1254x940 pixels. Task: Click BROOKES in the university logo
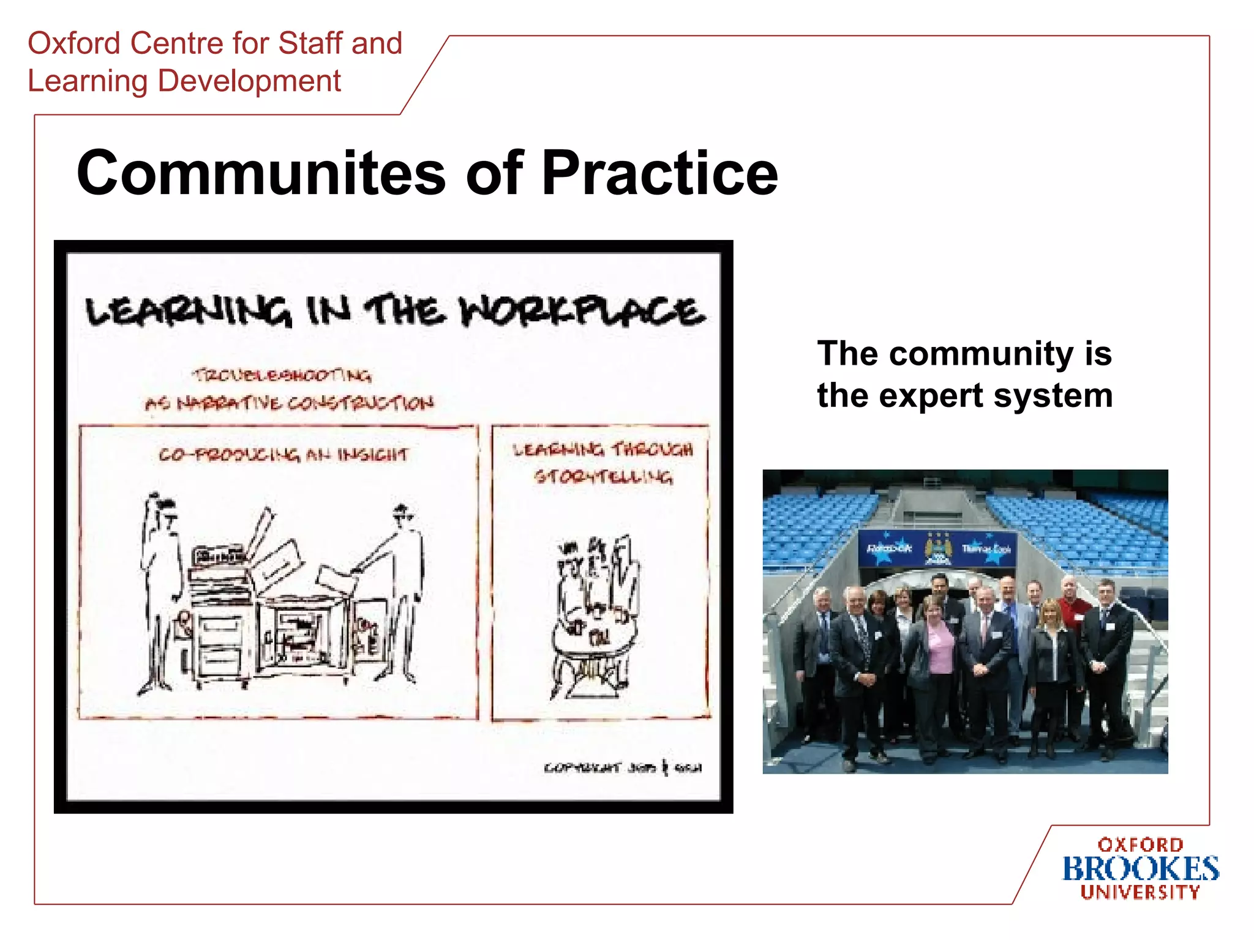pyautogui.click(x=1140, y=869)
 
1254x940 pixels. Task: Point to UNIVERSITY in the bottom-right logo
pyautogui.click(x=1140, y=893)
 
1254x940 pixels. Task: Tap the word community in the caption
pyautogui.click(x=981, y=354)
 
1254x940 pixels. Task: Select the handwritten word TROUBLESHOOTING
pyautogui.click(x=282, y=375)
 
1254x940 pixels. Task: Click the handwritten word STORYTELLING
pyautogui.click(x=603, y=477)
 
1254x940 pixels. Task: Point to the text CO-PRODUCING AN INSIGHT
pyautogui.click(x=283, y=455)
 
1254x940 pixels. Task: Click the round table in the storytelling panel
pyautogui.click(x=594, y=640)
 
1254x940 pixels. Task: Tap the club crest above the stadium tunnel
pyautogui.click(x=937, y=548)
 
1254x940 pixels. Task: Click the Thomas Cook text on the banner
pyautogui.click(x=986, y=548)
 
